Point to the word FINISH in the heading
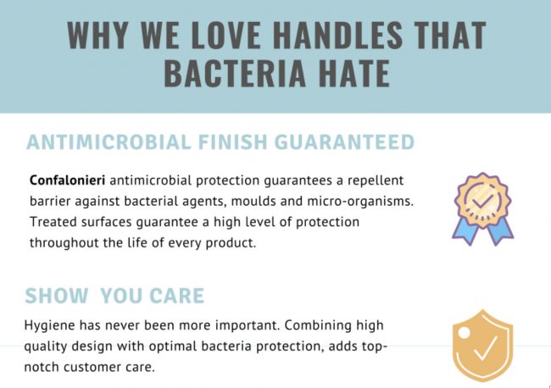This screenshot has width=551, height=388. [231, 141]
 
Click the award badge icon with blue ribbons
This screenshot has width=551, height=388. [481, 207]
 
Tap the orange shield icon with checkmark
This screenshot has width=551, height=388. [481, 346]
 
